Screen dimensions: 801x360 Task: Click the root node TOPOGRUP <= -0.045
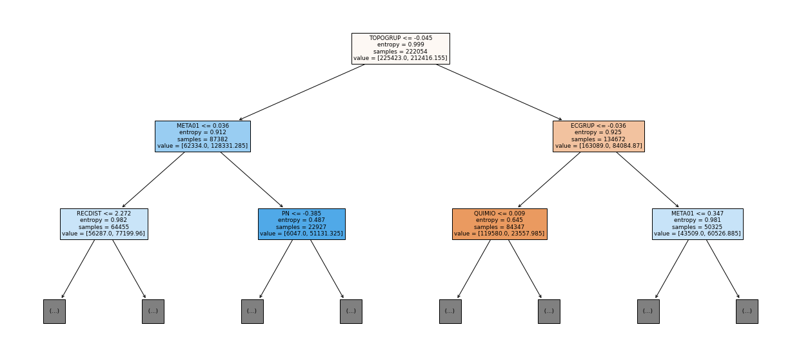[x=400, y=48]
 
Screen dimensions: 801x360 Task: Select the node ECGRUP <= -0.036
[x=598, y=136]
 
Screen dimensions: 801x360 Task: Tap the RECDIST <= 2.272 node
[x=104, y=224]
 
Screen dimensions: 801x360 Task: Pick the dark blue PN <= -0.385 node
[x=302, y=224]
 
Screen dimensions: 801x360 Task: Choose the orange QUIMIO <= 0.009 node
[x=500, y=224]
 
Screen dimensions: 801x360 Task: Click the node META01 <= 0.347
[x=698, y=224]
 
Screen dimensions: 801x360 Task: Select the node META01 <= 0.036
[x=203, y=136]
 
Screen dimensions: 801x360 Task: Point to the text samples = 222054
[x=400, y=52]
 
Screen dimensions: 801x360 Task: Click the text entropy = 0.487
[x=301, y=220]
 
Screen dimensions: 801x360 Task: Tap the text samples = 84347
[x=500, y=227]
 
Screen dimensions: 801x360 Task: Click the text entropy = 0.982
[x=104, y=220]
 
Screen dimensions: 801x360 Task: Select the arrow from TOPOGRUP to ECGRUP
[x=499, y=92]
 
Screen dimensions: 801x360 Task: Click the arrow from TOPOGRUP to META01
[x=302, y=92]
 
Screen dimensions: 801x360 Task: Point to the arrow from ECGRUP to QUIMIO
[x=549, y=180]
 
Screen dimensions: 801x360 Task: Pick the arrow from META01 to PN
[x=252, y=180]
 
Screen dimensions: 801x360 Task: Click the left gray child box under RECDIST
[x=54, y=312]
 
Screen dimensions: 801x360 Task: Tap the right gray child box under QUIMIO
[x=549, y=312]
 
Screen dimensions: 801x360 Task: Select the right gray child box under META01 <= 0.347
[x=747, y=312]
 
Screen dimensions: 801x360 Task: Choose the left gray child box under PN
[x=252, y=312]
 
